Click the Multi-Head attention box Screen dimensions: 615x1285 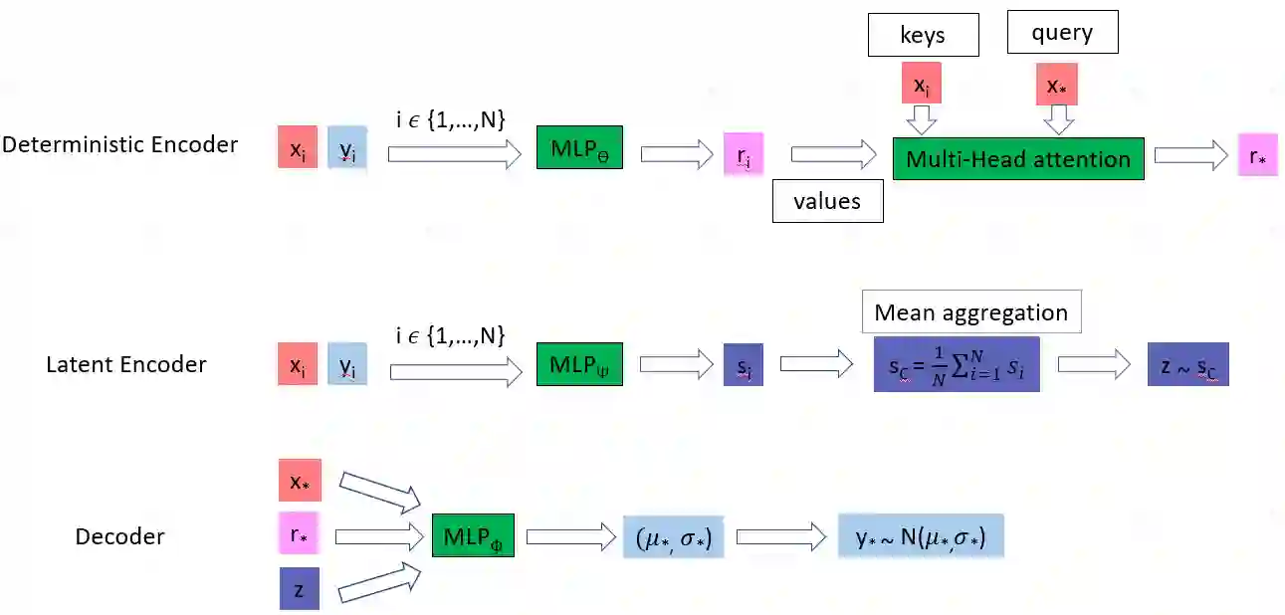coord(1017,159)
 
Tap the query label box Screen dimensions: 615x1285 coord(1062,33)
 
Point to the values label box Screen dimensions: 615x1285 coord(826,202)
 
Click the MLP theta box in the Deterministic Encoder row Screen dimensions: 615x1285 coord(579,147)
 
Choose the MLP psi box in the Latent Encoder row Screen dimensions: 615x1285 coord(579,364)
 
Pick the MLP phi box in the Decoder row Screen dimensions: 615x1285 coord(473,536)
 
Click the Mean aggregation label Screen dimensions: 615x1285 coord(970,313)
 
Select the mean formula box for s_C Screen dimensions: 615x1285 coord(956,364)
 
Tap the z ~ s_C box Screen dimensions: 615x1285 coord(1187,364)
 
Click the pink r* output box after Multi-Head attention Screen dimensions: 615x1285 coord(1257,155)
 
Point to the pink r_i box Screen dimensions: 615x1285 coord(744,154)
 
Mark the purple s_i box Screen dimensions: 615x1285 coord(744,365)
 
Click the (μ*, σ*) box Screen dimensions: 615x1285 coord(673,537)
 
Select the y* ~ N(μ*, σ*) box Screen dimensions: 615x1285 coord(921,537)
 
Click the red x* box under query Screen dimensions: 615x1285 coord(1057,84)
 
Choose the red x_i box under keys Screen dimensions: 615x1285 coord(921,84)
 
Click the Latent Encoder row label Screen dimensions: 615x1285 coord(126,364)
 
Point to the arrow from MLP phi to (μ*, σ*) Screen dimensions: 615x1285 coord(570,537)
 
